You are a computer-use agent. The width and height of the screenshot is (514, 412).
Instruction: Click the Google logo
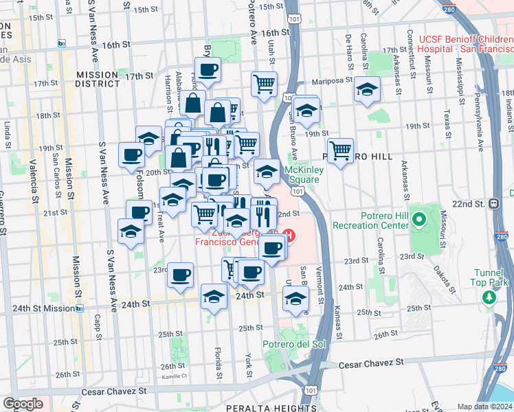click(x=23, y=404)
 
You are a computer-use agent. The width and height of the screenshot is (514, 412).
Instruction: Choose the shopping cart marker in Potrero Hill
click(x=340, y=150)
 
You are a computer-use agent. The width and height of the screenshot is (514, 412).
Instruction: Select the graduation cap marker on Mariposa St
click(x=368, y=89)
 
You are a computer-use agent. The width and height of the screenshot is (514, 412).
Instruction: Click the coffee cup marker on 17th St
click(x=208, y=69)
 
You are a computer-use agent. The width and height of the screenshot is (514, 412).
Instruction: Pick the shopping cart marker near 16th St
click(x=264, y=84)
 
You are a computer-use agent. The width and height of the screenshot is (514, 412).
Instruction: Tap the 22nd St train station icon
click(x=493, y=203)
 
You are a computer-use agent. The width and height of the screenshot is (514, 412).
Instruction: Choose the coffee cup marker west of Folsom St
click(x=131, y=155)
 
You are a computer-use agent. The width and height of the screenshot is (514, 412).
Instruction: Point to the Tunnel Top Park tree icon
click(x=489, y=297)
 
